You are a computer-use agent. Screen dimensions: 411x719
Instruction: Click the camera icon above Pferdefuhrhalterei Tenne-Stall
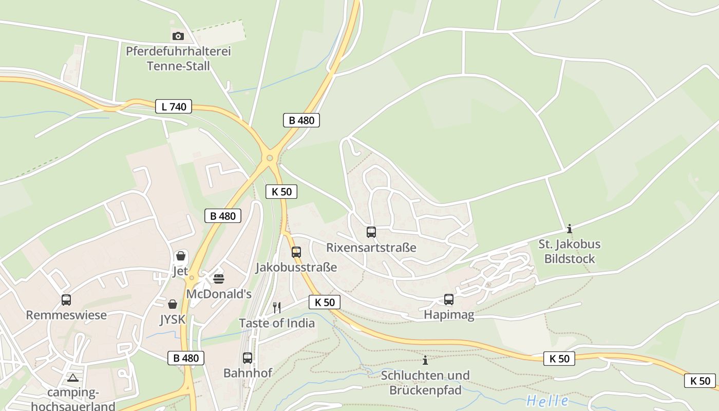(x=178, y=36)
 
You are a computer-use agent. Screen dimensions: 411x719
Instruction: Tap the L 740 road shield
(x=174, y=107)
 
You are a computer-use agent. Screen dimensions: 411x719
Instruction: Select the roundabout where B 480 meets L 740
(x=269, y=158)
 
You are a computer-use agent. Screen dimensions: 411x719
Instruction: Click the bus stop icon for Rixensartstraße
(x=371, y=232)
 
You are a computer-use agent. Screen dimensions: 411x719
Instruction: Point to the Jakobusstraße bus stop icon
(x=296, y=252)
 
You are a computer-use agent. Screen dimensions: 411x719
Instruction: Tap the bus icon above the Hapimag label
(x=449, y=300)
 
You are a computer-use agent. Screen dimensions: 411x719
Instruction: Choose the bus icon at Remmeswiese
(x=66, y=300)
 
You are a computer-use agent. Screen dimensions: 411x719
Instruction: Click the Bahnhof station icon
(x=248, y=358)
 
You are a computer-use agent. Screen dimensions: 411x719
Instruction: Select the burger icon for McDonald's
(x=219, y=279)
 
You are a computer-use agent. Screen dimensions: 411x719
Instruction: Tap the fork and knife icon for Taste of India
(x=277, y=308)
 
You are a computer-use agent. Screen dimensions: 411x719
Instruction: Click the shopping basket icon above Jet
(x=181, y=256)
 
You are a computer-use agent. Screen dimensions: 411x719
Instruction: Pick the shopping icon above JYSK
(x=173, y=304)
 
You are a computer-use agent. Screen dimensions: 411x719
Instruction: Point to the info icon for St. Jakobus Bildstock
(x=569, y=229)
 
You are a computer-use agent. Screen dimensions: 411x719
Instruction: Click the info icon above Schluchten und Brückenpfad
(x=425, y=360)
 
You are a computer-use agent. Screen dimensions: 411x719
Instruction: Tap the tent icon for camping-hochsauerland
(x=73, y=378)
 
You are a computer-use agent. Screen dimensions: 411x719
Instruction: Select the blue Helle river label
(x=547, y=401)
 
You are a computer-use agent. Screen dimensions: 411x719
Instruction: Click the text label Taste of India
(x=277, y=323)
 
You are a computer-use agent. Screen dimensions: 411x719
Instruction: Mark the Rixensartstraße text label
(x=371, y=248)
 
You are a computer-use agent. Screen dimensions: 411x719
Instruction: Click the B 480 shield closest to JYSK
(x=186, y=358)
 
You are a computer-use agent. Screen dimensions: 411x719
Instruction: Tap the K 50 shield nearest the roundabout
(x=281, y=192)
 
